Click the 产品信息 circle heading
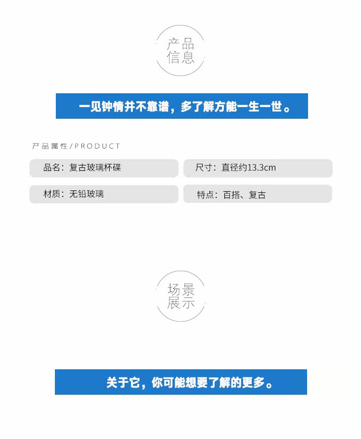pyautogui.click(x=180, y=51)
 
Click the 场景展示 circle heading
pyautogui.click(x=180, y=296)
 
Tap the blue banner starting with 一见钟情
pyautogui.click(x=182, y=106)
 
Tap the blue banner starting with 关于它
pyautogui.click(x=181, y=382)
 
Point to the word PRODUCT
pyautogui.click(x=98, y=146)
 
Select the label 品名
pyautogui.click(x=52, y=167)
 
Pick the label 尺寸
pyautogui.click(x=205, y=168)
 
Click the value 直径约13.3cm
pyautogui.click(x=248, y=168)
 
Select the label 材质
pyautogui.click(x=52, y=194)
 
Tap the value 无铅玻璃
pyautogui.click(x=86, y=194)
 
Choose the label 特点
pyautogui.click(x=206, y=195)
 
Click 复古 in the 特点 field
pyautogui.click(x=257, y=195)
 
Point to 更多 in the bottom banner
pyautogui.click(x=255, y=383)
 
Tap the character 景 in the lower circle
pyautogui.click(x=188, y=289)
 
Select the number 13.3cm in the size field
pyautogui.click(x=261, y=168)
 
